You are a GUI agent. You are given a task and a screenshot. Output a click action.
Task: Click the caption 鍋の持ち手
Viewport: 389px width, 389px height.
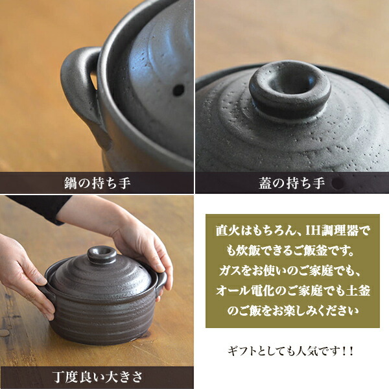pyautogui.click(x=97, y=183)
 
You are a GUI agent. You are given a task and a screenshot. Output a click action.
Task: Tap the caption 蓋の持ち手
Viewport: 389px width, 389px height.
pyautogui.click(x=292, y=183)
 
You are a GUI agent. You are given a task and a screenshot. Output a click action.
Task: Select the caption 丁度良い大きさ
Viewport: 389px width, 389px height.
pyautogui.click(x=97, y=377)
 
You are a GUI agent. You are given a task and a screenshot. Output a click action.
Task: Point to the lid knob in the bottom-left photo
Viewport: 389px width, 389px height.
pyautogui.click(x=101, y=253)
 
